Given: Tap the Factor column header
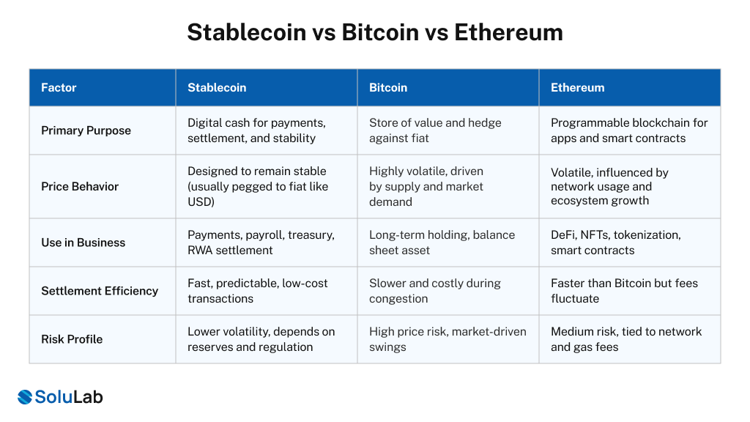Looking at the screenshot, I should click(59, 87).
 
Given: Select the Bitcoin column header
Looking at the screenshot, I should click(388, 87).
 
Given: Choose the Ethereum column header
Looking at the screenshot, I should click(577, 87).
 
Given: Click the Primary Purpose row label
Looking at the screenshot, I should click(86, 130).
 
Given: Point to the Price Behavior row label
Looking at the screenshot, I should click(80, 186).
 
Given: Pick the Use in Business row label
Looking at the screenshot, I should click(83, 243).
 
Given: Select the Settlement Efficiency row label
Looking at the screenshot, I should click(100, 291).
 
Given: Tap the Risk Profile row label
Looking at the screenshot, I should click(72, 339).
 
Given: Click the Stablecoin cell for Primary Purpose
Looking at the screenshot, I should click(256, 130).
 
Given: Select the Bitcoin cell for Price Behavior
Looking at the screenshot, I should click(426, 186).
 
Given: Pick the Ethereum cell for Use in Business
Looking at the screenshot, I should click(616, 243).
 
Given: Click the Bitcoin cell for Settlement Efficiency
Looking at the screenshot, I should click(435, 291).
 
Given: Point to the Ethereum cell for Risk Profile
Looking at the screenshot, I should click(626, 339).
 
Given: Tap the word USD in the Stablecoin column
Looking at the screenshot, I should click(201, 201).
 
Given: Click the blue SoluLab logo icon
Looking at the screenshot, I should click(26, 397).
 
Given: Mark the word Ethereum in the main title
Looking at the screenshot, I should click(508, 32).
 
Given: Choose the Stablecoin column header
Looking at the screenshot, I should click(217, 87).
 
